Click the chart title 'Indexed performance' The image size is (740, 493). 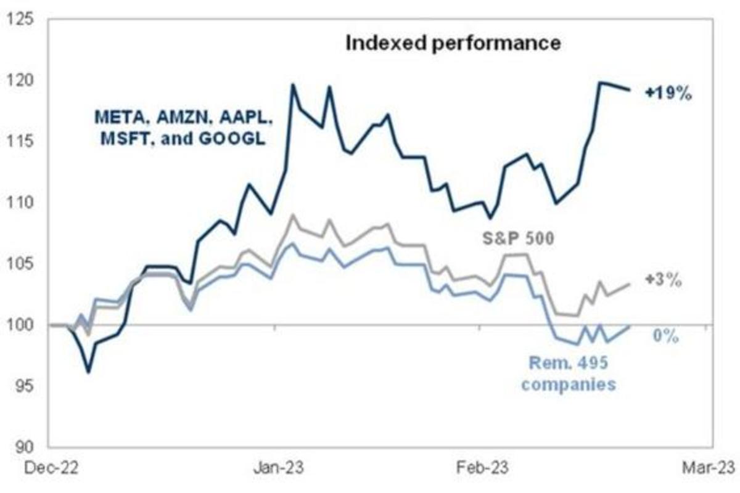453,44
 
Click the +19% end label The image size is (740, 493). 668,94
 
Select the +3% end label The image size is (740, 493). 664,281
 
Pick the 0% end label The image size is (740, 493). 666,336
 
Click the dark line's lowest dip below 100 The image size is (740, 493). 89,372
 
